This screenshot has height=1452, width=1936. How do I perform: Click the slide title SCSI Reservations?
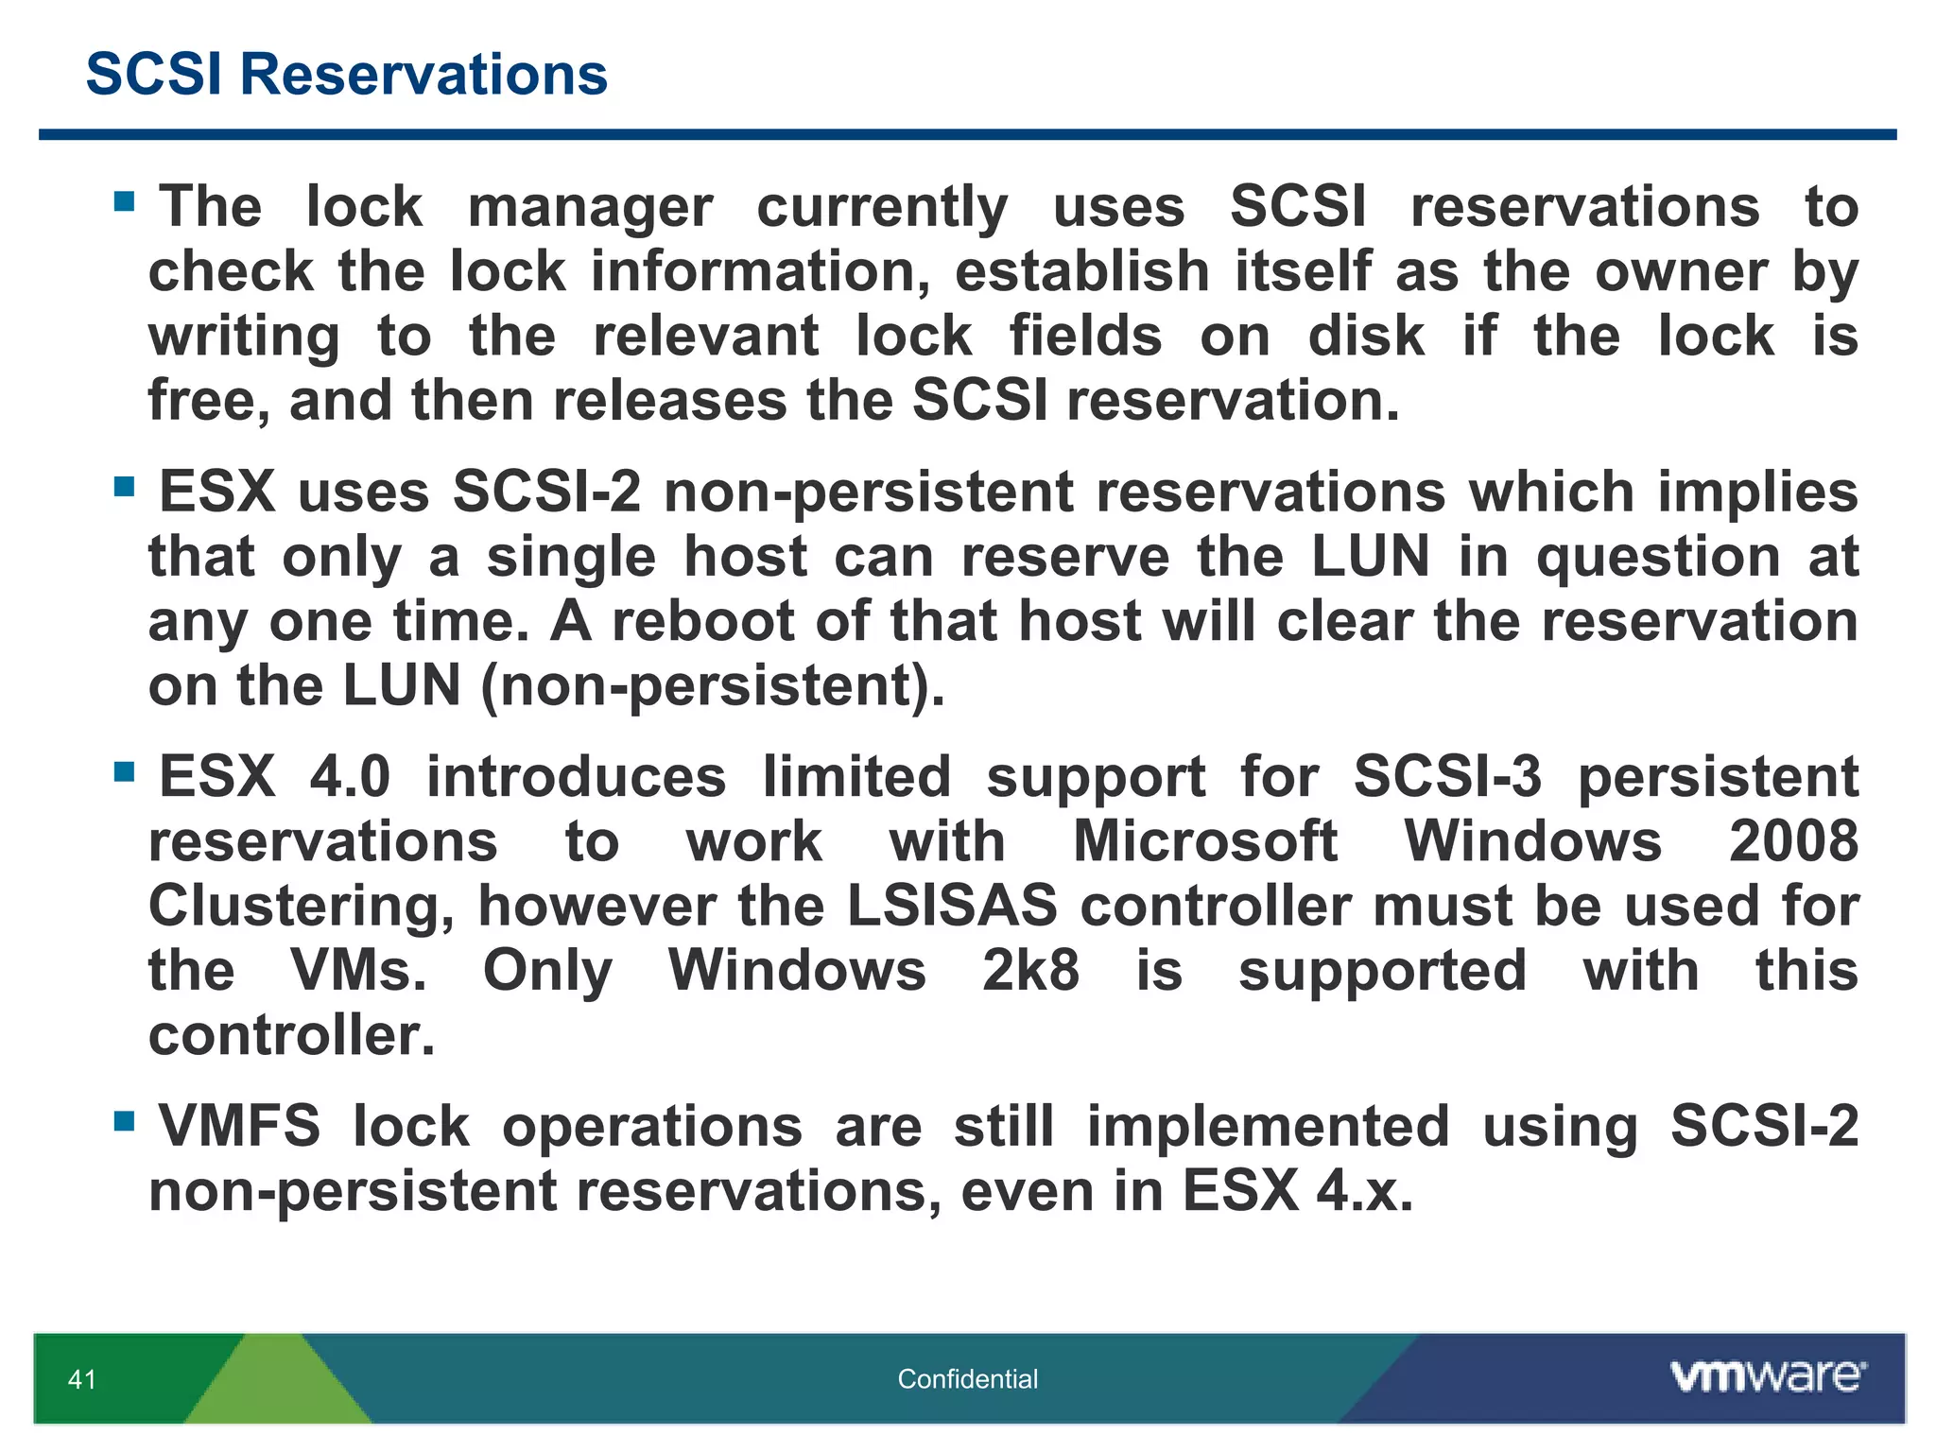tap(346, 74)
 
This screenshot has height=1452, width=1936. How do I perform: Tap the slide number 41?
tap(82, 1379)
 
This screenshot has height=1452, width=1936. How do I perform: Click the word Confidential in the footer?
tap(967, 1379)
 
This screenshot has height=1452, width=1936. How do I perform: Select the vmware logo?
tap(1768, 1375)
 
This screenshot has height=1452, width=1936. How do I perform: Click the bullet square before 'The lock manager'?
tap(124, 200)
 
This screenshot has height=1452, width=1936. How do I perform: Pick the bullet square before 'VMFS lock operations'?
tap(124, 1120)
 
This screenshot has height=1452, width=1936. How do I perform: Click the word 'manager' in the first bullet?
tap(590, 207)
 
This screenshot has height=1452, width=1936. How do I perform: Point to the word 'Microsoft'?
tap(1205, 840)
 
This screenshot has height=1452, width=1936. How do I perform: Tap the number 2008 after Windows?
tap(1793, 840)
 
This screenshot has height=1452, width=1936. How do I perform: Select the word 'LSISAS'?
tap(952, 905)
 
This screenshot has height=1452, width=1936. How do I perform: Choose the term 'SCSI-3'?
tap(1447, 776)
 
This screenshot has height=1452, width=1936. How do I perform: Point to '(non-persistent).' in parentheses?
tap(713, 685)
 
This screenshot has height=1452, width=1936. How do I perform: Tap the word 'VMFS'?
tap(239, 1126)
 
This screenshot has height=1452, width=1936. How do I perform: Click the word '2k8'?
tap(1030, 970)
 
